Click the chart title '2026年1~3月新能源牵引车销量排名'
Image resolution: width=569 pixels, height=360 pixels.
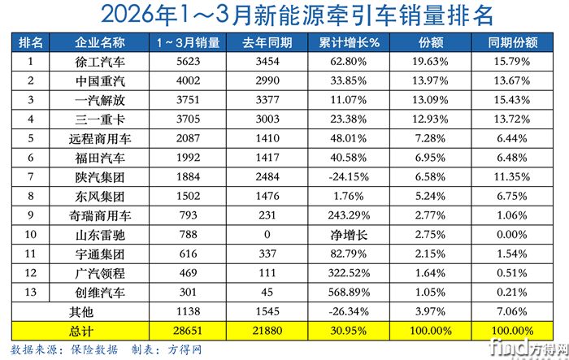pyautogui.click(x=284, y=15)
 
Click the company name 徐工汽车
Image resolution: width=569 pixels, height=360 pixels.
pyautogui.click(x=99, y=61)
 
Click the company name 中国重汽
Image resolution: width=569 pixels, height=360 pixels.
pyautogui.click(x=99, y=80)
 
